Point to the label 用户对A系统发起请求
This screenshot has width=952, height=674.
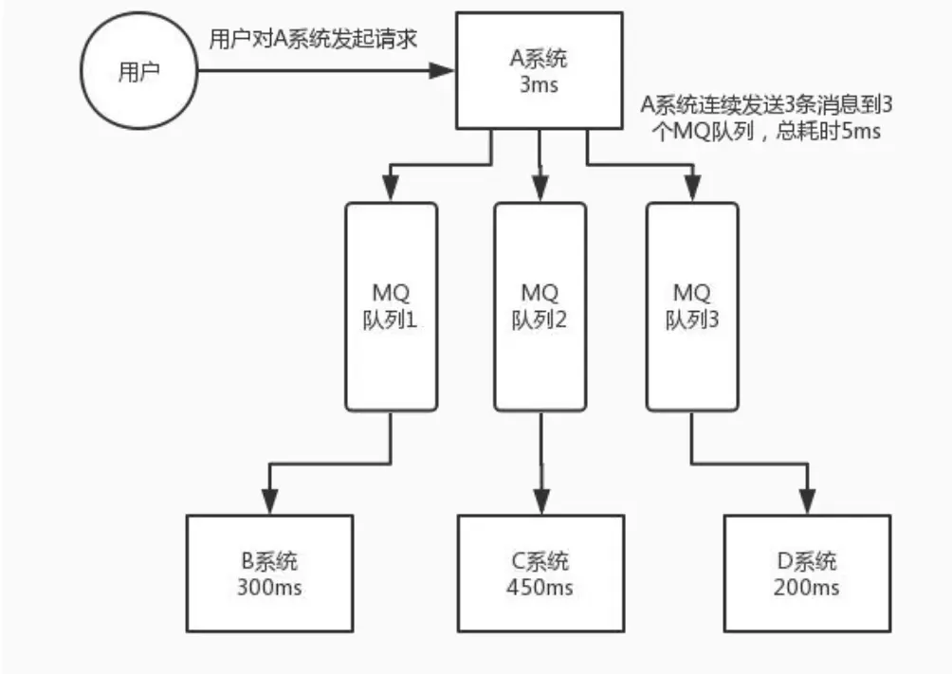tap(313, 41)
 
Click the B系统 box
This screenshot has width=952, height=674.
tap(269, 573)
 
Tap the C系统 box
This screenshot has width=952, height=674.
tap(540, 573)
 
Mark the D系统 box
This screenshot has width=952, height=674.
tap(806, 573)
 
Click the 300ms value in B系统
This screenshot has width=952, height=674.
tap(269, 587)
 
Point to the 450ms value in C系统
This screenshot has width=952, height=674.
tap(540, 587)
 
